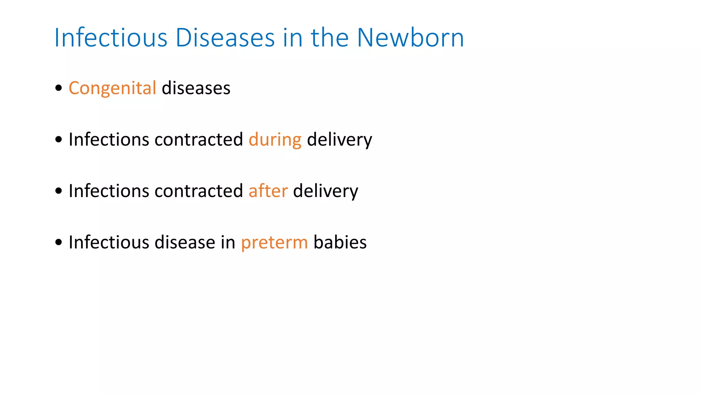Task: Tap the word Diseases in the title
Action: pos(225,38)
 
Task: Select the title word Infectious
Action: pos(111,38)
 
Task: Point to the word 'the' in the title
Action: pos(330,38)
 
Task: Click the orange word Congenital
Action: pos(112,89)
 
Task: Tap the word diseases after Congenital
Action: pos(196,89)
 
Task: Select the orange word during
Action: pos(275,140)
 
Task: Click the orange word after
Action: pos(268,191)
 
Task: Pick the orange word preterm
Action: pos(275,243)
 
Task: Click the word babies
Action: pos(340,242)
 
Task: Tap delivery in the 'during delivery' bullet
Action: pos(339,140)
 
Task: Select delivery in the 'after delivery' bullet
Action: pos(326,191)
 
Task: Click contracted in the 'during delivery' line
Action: pos(199,140)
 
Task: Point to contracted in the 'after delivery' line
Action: pos(199,191)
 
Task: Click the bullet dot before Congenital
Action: pos(59,88)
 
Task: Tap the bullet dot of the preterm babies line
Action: pos(59,242)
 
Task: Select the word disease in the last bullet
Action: pos(185,242)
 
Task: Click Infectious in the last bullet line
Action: pos(109,242)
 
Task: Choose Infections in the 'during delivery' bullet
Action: pos(109,140)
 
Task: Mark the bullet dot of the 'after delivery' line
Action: pos(59,191)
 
